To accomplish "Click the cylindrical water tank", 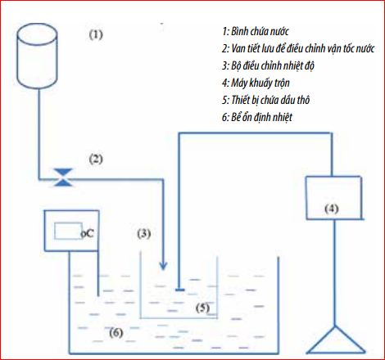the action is pos(37,56).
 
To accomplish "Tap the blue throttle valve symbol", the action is pos(63,178).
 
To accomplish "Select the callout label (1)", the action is pos(96,34).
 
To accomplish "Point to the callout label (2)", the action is pos(96,159).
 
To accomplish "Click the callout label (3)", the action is pos(144,233).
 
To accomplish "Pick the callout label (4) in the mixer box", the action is pos(332,209).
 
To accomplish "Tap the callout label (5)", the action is pos(202,308).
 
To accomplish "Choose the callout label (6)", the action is pos(116,332).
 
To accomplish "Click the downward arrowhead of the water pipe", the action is pos(163,265).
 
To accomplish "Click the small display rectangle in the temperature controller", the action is pos(68,231).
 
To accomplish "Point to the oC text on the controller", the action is pos(88,234).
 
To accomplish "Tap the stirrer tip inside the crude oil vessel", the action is pos(179,290).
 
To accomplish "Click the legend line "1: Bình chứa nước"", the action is pos(256,31).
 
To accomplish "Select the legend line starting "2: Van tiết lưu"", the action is pos(298,48).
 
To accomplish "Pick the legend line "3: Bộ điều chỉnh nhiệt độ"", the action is pos(268,65).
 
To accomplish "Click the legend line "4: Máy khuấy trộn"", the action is pos(256,83).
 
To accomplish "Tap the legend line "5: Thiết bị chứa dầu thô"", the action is pos(265,100).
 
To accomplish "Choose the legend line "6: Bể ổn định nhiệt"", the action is pos(257,117).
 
